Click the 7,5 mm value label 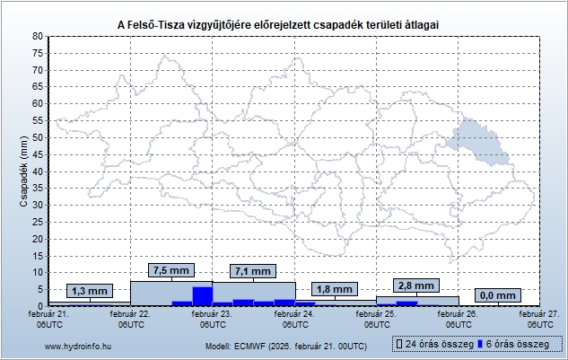tap(170, 269)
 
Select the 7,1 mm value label tap(251, 271)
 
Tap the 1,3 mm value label tap(89, 291)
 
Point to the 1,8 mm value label tap(336, 289)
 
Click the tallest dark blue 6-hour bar tap(202, 296)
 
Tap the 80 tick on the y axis tap(38, 36)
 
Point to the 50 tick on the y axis tap(38, 137)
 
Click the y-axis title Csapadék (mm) tap(24, 171)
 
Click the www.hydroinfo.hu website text tap(78, 345)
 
